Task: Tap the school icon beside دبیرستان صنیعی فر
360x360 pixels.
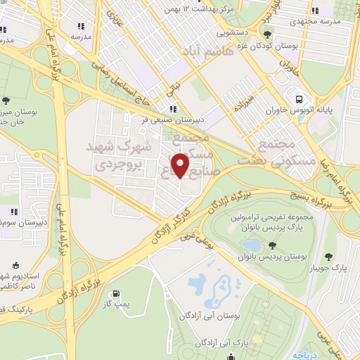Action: [172, 109]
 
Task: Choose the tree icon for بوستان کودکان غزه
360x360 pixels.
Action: [266, 34]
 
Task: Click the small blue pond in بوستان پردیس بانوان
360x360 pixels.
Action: [250, 245]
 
